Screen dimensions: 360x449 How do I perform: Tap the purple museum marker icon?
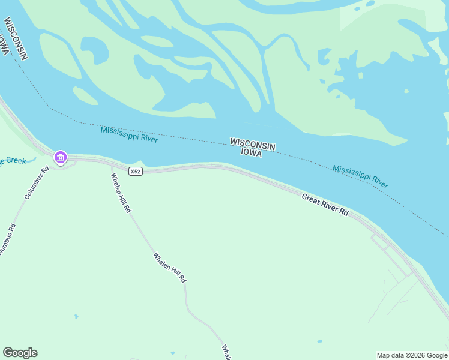pos(60,158)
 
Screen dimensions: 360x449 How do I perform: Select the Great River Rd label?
pos(325,205)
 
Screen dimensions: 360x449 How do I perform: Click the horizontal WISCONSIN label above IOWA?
pos(252,144)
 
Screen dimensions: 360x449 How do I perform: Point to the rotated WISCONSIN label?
pos(16,38)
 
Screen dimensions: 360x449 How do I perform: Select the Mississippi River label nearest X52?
pos(129,134)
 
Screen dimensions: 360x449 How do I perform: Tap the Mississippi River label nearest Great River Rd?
pos(360,176)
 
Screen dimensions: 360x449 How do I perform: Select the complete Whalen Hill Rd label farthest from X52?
pos(170,268)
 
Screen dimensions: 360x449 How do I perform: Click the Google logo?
pos(20,353)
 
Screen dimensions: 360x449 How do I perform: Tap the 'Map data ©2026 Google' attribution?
pos(412,355)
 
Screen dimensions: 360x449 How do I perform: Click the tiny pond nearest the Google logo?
pos(76,316)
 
